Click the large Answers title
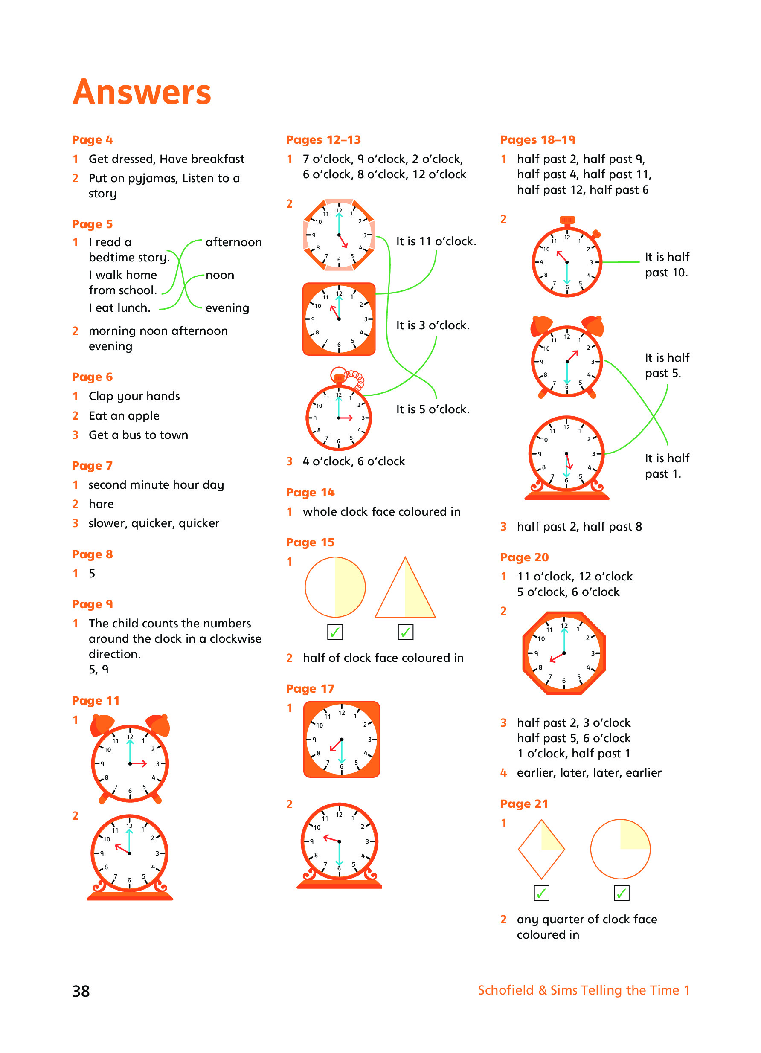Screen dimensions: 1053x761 coord(142,92)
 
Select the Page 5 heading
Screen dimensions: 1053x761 coord(92,224)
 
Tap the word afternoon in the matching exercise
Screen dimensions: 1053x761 coord(233,242)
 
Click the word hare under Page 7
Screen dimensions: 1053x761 coord(101,504)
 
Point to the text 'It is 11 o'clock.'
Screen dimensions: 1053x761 coord(436,241)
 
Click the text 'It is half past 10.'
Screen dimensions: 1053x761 coord(666,265)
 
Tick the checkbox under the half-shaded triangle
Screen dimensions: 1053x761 coord(405,632)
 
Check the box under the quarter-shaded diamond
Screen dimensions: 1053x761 coord(541,893)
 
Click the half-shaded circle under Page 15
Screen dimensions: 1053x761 coord(335,587)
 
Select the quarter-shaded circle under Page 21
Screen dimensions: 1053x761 coord(620,849)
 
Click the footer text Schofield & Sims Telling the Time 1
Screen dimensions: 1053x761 coord(583,990)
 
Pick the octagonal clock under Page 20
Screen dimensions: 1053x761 coord(563,653)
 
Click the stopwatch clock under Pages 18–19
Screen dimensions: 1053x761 coord(566,261)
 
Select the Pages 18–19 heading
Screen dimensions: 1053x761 coord(537,140)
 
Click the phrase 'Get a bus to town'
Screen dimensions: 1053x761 coord(138,435)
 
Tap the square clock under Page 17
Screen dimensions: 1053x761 coord(341,739)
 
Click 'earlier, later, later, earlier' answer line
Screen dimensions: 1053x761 coord(589,772)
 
